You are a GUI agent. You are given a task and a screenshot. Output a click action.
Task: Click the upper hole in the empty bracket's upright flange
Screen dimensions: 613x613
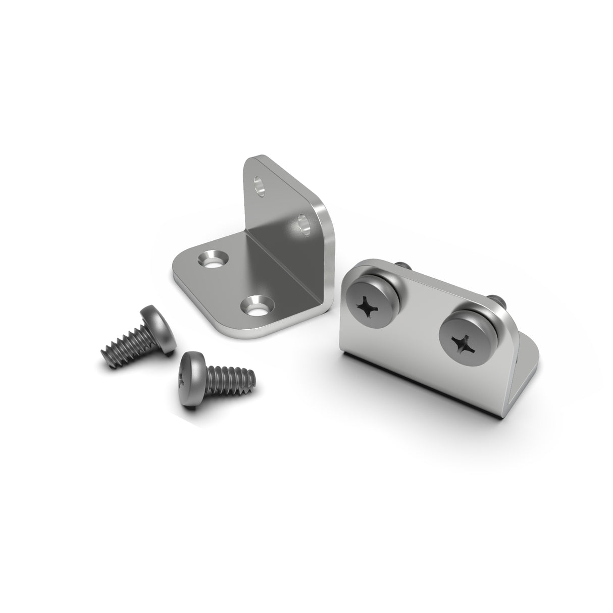[260, 186]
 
